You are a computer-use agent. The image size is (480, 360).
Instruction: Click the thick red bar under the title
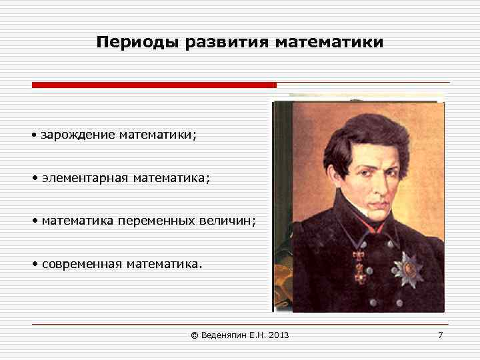pyautogui.click(x=154, y=85)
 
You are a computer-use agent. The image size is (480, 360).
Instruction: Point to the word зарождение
pyautogui.click(x=78, y=135)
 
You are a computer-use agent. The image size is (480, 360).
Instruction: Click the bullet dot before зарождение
pyautogui.click(x=33, y=136)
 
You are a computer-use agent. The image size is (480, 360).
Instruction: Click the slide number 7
pyautogui.click(x=440, y=335)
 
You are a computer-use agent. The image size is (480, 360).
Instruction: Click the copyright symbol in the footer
pyautogui.click(x=195, y=335)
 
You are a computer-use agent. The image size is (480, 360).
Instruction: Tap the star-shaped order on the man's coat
pyautogui.click(x=407, y=269)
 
